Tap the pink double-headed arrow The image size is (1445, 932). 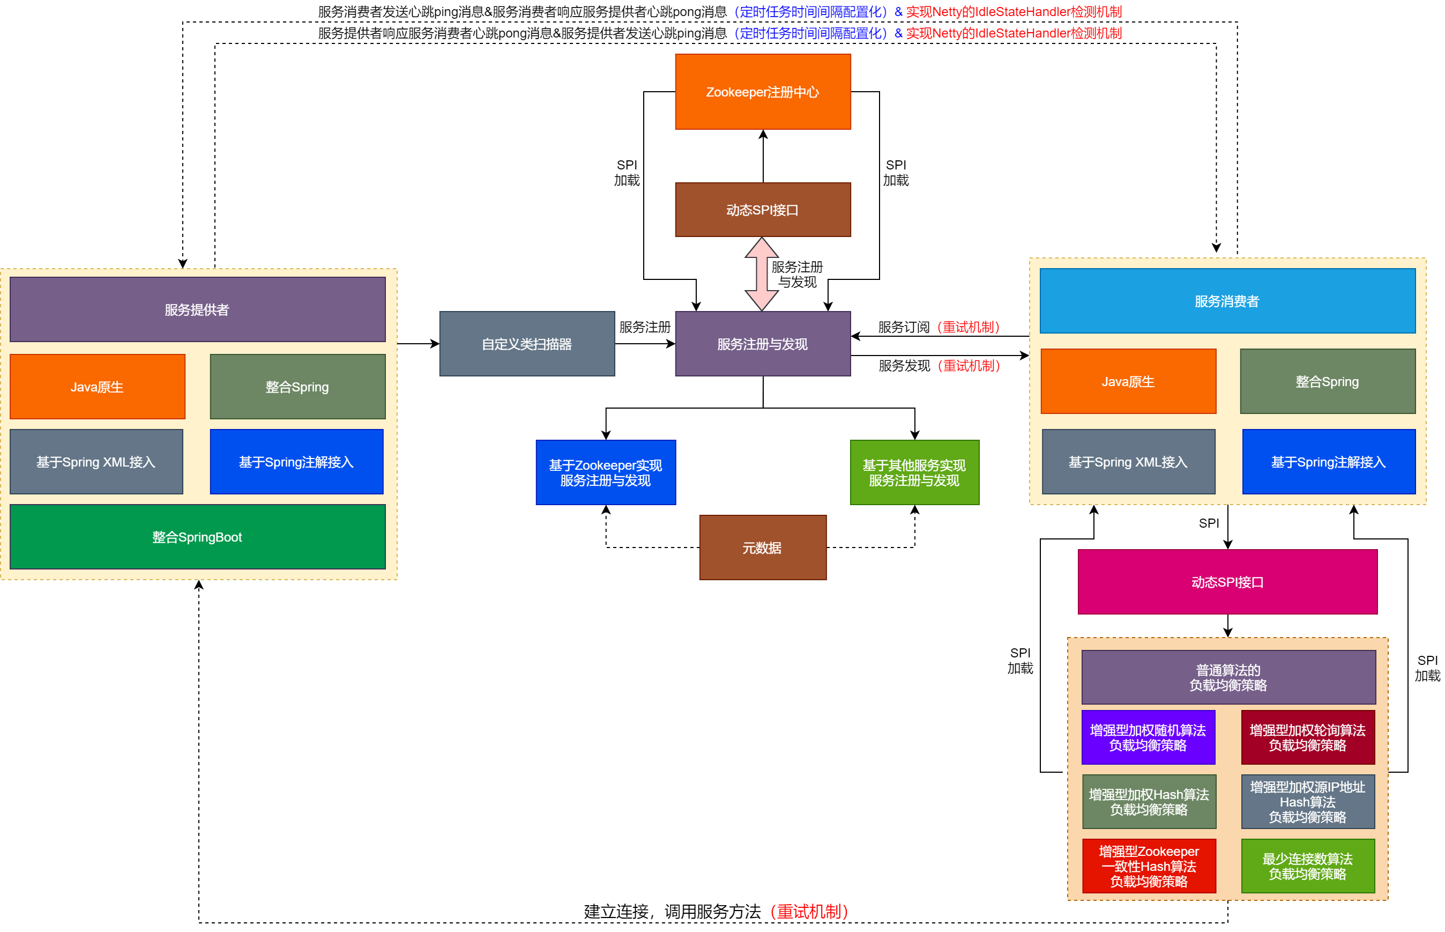pos(761,273)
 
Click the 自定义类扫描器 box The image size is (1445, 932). pos(526,344)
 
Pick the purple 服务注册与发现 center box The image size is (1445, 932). pos(762,344)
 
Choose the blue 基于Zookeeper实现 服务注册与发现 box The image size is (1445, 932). pos(605,472)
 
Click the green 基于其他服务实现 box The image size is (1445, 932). pos(913,472)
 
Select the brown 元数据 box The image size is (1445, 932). pos(762,547)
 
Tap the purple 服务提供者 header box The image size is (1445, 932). pos(197,309)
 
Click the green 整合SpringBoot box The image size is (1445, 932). pos(197,536)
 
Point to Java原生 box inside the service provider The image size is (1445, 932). pos(97,386)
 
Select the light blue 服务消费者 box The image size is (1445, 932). pos(1227,301)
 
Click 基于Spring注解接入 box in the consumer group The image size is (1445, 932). pos(1328,461)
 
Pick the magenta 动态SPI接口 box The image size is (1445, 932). pos(1227,582)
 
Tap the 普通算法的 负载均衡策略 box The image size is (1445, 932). pos(1228,677)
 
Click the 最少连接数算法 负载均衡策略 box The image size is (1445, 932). pos(1307,866)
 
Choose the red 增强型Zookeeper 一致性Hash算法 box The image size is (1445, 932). pos(1148,866)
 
